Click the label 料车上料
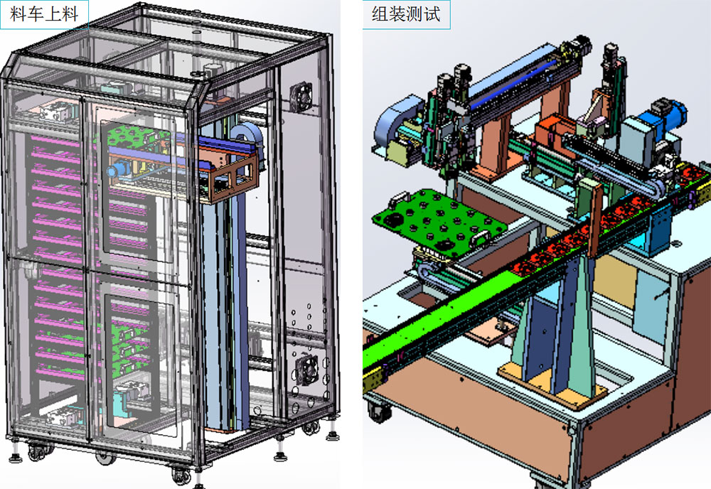(44, 14)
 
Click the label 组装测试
(406, 14)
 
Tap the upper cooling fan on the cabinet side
(301, 96)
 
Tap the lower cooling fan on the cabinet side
(307, 370)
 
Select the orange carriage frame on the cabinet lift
(230, 170)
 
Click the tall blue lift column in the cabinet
(225, 313)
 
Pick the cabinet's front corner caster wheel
(182, 475)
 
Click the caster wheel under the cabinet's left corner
(38, 451)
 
